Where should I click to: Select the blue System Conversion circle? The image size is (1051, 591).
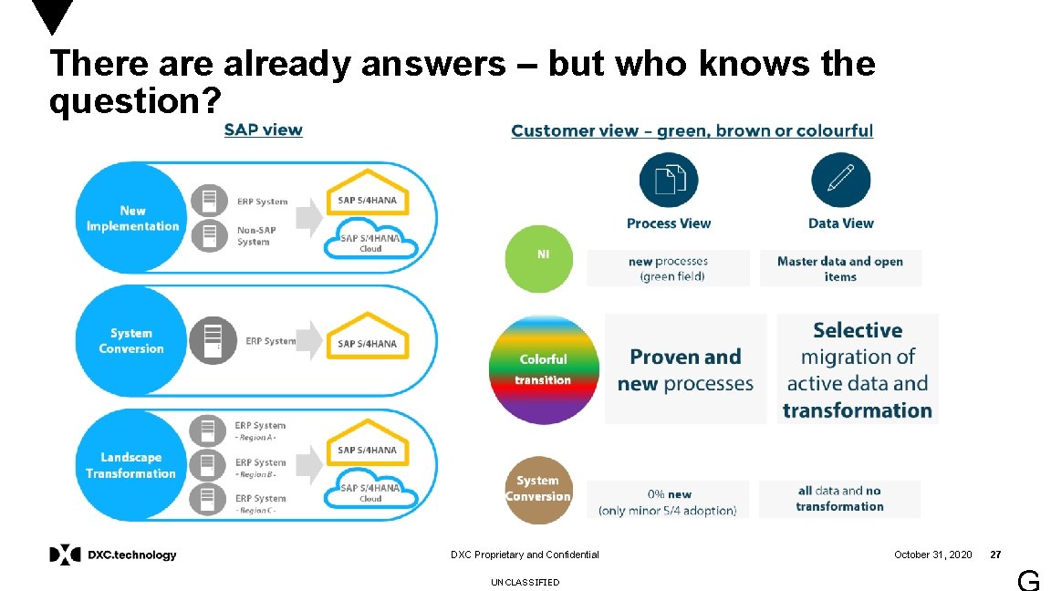point(131,341)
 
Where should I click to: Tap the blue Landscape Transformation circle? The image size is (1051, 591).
point(130,465)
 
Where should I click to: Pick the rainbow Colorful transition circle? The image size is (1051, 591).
point(544,368)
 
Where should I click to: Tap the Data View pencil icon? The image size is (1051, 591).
point(840,181)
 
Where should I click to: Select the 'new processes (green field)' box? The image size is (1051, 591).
point(668,268)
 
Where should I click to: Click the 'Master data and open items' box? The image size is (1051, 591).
point(840,268)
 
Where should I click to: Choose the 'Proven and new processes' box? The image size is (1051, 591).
point(685,369)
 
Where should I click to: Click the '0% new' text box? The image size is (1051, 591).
point(667,501)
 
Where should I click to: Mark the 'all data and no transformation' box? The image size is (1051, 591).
point(839,499)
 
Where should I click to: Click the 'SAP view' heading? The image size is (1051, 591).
point(264,130)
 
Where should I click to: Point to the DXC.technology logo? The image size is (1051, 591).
point(113,555)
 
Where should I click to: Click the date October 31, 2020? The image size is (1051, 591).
point(932,555)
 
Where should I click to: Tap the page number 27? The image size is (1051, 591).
point(996,555)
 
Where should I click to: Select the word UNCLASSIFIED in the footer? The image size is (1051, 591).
point(525,582)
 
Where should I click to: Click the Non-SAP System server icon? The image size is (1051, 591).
point(209,235)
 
